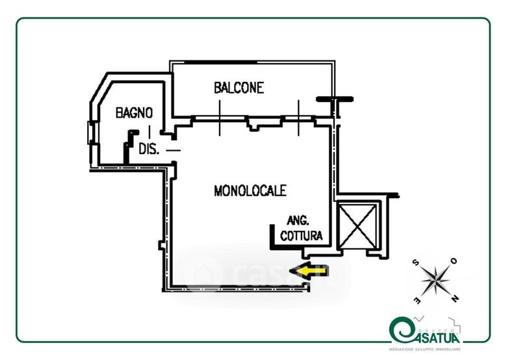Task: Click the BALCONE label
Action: (239, 88)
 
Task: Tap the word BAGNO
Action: (134, 112)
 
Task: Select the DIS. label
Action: (148, 148)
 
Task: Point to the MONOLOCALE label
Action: (250, 191)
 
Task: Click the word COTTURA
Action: (301, 237)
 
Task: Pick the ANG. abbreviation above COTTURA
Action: (298, 221)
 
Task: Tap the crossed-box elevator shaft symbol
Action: (359, 226)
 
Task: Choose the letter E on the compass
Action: (415, 300)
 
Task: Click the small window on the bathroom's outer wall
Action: (91, 133)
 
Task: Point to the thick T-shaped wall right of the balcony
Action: (335, 101)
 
